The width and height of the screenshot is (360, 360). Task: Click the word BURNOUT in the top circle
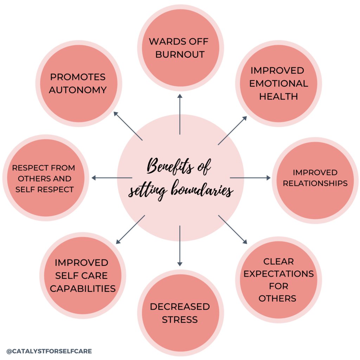(180, 54)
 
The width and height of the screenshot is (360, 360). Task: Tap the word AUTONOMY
(78, 90)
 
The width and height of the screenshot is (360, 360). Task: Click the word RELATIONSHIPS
(315, 183)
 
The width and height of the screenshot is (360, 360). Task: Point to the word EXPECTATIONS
(278, 274)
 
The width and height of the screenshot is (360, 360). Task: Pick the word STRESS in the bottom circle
(180, 320)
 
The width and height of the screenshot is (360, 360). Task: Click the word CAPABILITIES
(83, 289)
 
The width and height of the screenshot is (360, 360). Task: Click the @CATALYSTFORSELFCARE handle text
(49, 351)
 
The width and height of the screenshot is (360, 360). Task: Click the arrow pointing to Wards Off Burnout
(180, 114)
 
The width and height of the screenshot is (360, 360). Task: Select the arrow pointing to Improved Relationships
(250, 178)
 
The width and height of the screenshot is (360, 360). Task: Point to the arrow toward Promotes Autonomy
(128, 126)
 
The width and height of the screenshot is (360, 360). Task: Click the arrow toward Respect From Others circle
(112, 178)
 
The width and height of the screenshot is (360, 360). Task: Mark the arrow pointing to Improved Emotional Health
(232, 130)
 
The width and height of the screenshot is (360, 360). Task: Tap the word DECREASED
(180, 307)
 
